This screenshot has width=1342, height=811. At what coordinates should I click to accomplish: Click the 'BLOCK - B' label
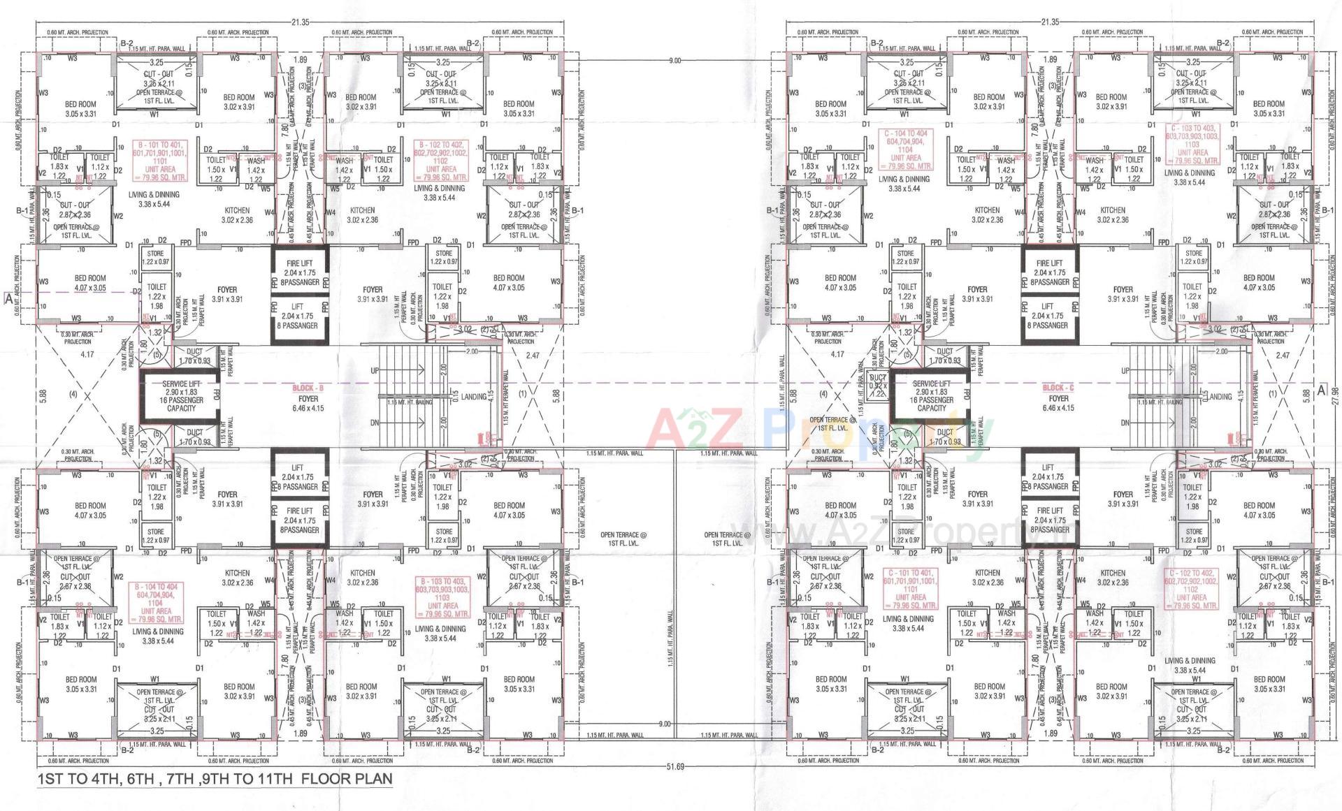(308, 387)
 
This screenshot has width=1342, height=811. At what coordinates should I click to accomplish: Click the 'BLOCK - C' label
(1058, 387)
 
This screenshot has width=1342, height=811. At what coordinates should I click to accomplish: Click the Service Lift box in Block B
(180, 395)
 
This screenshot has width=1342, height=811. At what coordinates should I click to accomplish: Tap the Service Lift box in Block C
(931, 395)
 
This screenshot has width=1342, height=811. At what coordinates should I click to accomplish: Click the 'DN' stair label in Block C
(1125, 423)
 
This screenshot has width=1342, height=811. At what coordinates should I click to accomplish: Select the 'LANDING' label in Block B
(475, 397)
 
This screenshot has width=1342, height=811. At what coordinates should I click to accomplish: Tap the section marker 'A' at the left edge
(8, 298)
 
